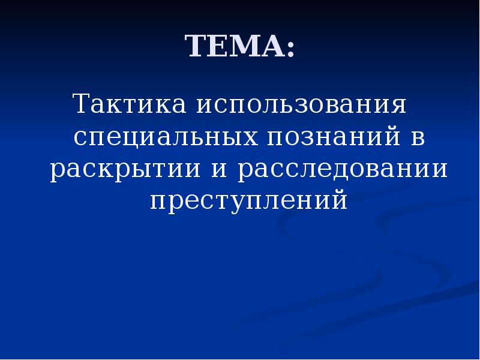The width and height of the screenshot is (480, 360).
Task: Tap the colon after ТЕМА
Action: (291, 48)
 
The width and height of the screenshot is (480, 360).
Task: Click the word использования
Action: (300, 106)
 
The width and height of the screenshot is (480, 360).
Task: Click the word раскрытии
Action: (125, 170)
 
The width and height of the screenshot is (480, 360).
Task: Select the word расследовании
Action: (342, 170)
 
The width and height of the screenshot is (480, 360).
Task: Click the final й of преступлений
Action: (339, 200)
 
